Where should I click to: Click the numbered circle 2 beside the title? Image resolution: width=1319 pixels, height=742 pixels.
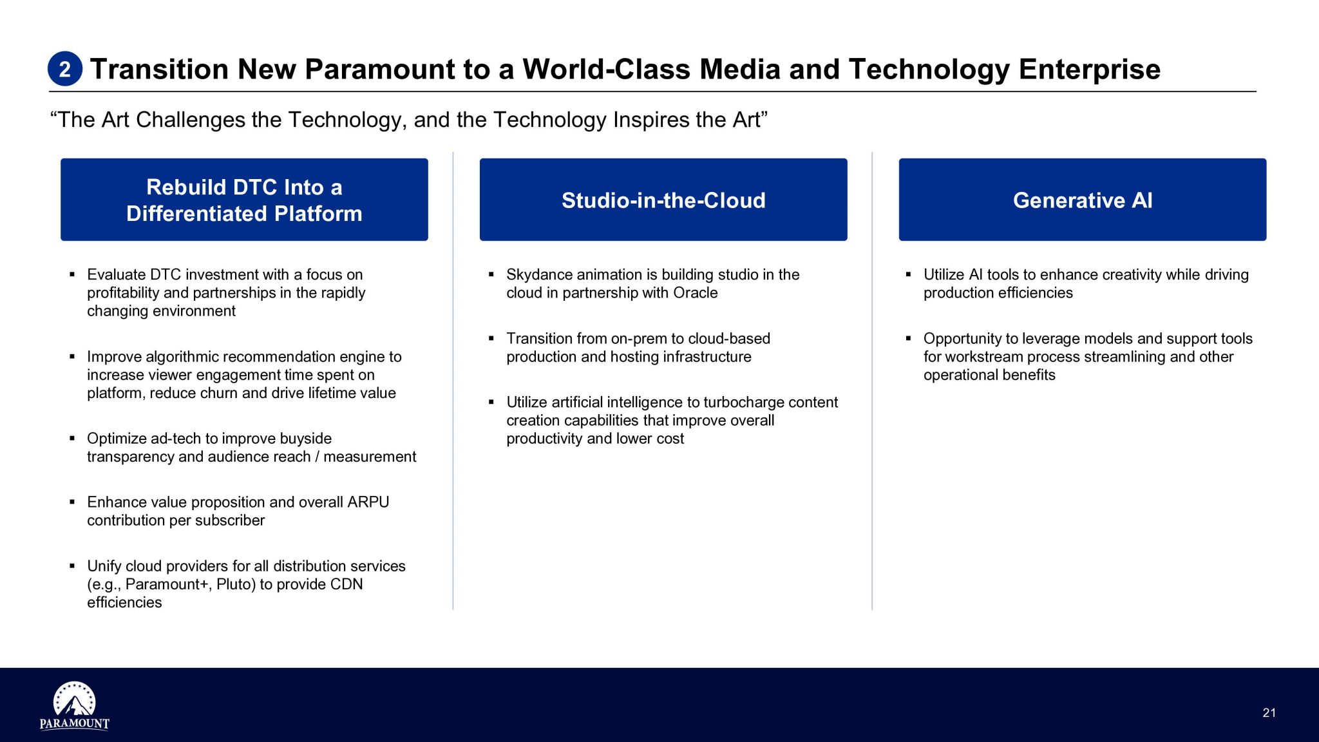[65, 69]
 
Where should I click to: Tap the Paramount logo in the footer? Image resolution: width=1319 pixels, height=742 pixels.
[74, 706]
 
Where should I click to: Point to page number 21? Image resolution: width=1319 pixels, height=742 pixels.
[1269, 712]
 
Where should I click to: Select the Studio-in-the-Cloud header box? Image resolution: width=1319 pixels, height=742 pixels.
[663, 200]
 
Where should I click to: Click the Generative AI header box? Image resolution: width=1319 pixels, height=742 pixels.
[1082, 200]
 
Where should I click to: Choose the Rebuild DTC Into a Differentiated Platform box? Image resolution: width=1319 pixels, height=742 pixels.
[244, 200]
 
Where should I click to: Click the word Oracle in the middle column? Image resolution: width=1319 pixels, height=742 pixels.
[695, 293]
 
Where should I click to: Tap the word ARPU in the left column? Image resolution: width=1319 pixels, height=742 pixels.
[368, 502]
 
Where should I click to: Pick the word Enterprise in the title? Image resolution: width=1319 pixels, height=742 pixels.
[1089, 70]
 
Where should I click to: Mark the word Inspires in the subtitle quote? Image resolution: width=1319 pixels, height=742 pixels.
[650, 120]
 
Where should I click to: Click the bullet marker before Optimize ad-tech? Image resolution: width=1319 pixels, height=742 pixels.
[72, 438]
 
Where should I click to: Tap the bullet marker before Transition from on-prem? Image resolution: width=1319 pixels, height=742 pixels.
[491, 338]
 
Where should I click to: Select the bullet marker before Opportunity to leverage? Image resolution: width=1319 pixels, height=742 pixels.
[909, 338]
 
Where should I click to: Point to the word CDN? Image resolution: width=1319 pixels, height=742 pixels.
[346, 584]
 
